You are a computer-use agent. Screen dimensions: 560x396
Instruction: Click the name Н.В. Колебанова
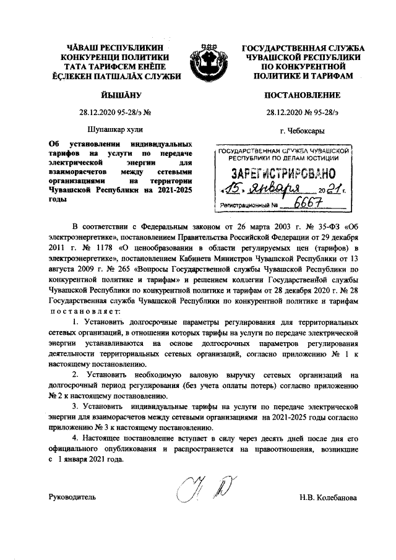327,497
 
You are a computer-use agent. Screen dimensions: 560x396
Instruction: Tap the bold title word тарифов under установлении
63,152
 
